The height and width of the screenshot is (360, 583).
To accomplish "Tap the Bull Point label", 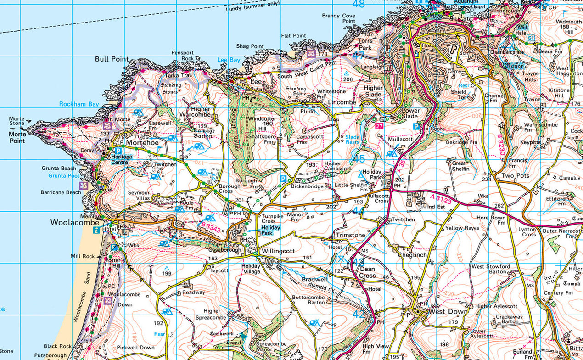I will (110, 59).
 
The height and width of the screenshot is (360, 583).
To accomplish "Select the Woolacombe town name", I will (75, 223).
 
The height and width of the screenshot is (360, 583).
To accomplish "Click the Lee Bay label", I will (229, 60).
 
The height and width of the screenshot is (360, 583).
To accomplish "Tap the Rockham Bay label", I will (79, 104).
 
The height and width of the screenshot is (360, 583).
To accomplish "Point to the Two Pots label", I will (515, 176).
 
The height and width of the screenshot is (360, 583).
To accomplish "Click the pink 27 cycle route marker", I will (379, 126).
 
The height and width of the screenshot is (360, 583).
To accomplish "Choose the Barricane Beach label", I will (61, 192).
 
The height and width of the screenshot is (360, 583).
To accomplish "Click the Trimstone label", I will (351, 235).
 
